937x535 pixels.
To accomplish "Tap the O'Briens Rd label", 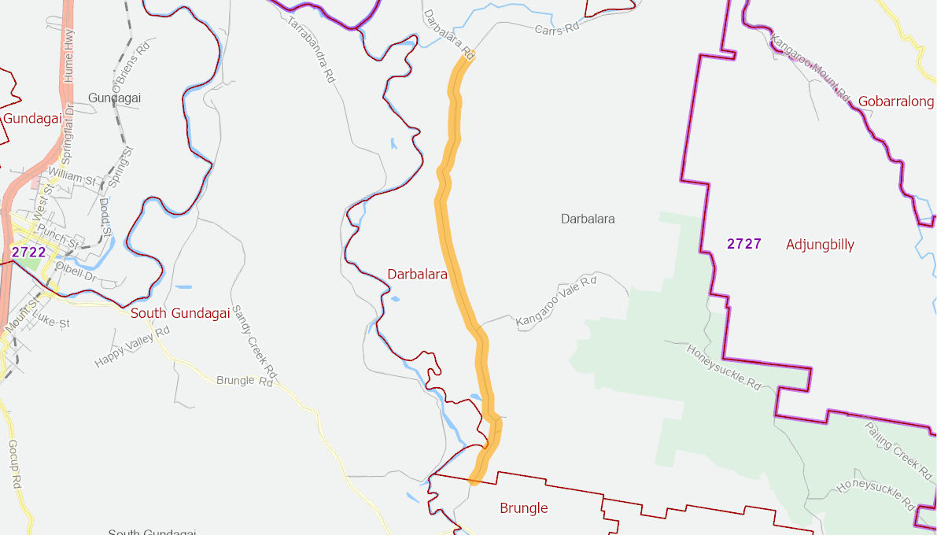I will [130, 69].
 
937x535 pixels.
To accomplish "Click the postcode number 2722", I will [28, 253].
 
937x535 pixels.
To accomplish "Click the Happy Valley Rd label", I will [132, 347].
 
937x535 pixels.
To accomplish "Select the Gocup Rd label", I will [13, 464].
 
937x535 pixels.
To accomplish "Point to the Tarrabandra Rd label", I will [312, 49].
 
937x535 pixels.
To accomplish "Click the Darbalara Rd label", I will [448, 35].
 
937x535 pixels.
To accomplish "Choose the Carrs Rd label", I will [556, 28].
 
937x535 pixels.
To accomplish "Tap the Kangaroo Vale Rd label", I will [556, 301].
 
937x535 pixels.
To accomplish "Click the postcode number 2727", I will [744, 244].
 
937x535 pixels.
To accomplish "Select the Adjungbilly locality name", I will [820, 245].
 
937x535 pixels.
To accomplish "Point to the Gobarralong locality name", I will [895, 101].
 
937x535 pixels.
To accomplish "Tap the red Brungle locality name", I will [523, 508].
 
